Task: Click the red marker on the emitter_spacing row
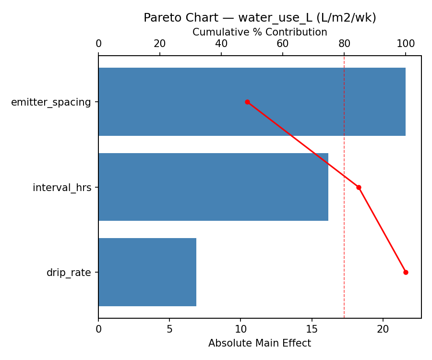click(247, 102)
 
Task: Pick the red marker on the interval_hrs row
click(359, 187)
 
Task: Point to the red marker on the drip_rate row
click(406, 272)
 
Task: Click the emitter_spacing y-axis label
click(51, 102)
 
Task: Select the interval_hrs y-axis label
click(62, 188)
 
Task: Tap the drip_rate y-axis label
click(69, 273)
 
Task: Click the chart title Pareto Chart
click(260, 18)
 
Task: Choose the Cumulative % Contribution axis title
click(260, 32)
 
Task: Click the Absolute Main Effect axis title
click(260, 343)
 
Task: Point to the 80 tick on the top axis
click(344, 44)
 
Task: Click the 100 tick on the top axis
click(406, 44)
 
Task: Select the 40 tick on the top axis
click(221, 44)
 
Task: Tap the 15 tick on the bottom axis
click(312, 329)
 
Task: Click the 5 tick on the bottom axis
click(169, 329)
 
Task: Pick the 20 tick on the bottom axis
click(383, 329)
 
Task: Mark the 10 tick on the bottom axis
click(240, 329)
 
